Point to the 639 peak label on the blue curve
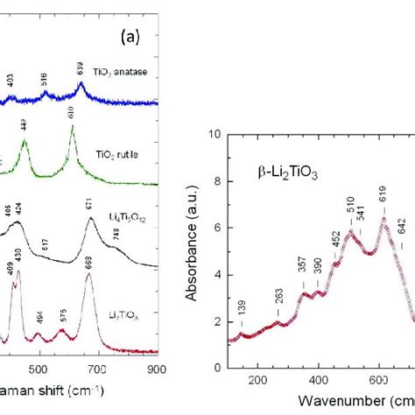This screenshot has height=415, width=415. coord(81,67)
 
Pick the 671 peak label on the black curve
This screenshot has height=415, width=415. coord(89,203)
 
